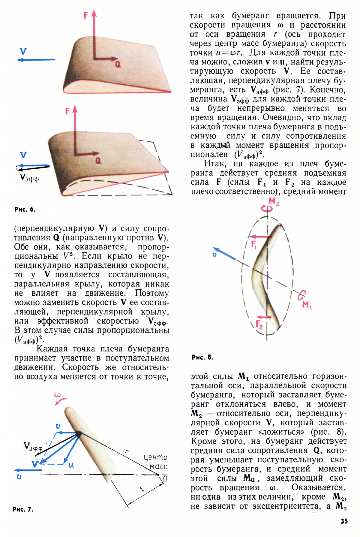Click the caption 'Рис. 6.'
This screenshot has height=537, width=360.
coord(25,210)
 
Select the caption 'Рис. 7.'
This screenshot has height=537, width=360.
coord(23,509)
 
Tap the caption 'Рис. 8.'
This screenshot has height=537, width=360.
coord(202,357)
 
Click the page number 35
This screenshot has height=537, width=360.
coord(344,521)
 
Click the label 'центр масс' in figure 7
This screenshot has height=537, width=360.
coord(155,462)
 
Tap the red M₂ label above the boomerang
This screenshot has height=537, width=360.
coord(274,201)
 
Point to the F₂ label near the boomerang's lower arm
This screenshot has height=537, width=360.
coord(259,324)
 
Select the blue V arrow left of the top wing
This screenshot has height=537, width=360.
coord(36,60)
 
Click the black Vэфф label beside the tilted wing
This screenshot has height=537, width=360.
coord(29,178)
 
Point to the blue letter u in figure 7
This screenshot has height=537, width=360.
coord(71,465)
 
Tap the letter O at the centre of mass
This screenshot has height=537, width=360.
coord(165,479)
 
